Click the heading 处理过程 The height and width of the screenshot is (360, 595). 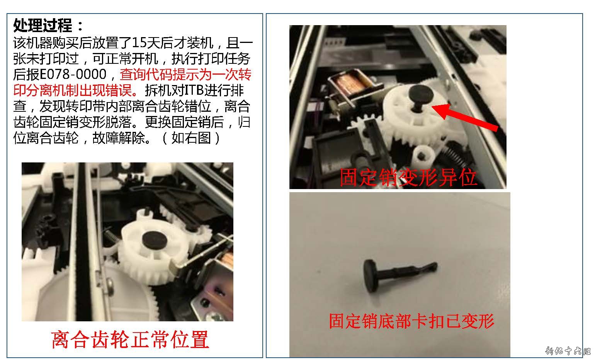coord(43,26)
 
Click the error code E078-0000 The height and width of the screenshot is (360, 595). coord(73,74)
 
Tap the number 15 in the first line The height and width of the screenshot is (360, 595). coord(138,43)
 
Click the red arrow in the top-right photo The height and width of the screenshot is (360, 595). coord(465,117)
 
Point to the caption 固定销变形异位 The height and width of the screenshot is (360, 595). coord(408,177)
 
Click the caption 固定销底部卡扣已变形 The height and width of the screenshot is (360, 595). coord(411,321)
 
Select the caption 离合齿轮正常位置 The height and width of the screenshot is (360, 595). coord(130,340)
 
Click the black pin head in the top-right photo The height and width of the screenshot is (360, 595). coord(421,94)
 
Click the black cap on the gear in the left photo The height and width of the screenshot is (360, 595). coord(154,239)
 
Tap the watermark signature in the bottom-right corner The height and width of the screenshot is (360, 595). coord(568,351)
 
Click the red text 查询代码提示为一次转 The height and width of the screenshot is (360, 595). coord(185,74)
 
